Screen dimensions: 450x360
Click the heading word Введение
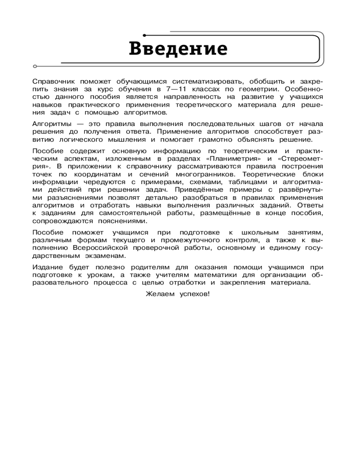[178, 48]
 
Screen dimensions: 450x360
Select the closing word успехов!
[195, 294]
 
